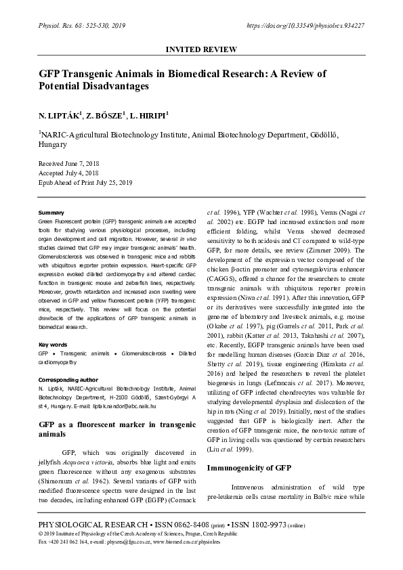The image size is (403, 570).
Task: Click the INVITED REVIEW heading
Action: click(x=201, y=50)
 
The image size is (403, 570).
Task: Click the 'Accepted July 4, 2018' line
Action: click(x=70, y=173)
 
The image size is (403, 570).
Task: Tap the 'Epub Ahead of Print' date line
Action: click(x=85, y=183)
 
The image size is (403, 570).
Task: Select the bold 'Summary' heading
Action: click(x=51, y=213)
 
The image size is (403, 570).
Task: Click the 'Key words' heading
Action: click(x=52, y=344)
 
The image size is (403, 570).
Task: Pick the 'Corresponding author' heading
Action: click(x=68, y=380)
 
